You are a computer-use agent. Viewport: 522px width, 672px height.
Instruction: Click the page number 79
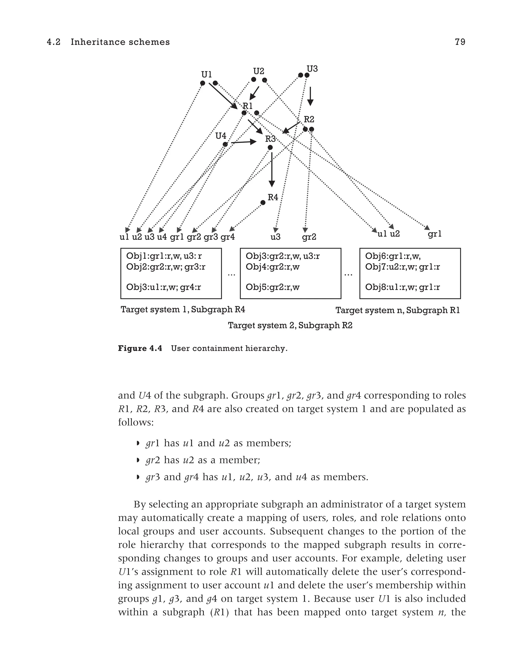pyautogui.click(x=460, y=42)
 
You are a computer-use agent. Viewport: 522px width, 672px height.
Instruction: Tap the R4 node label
pyautogui.click(x=273, y=197)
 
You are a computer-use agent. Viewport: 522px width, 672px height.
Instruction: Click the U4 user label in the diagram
pyautogui.click(x=220, y=136)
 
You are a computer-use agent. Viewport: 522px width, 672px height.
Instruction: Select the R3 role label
pyautogui.click(x=270, y=139)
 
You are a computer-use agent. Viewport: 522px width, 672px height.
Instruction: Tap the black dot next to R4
pyautogui.click(x=263, y=202)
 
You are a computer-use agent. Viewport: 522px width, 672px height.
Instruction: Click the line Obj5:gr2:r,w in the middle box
pyautogui.click(x=272, y=287)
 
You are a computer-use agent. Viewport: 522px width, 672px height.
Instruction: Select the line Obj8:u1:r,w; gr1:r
pyautogui.click(x=402, y=287)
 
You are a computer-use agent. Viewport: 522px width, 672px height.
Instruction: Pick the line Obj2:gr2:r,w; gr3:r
pyautogui.click(x=166, y=267)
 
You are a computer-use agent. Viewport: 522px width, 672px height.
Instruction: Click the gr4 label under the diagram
pyautogui.click(x=228, y=237)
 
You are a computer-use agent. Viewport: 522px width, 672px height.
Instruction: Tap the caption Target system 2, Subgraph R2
pyautogui.click(x=290, y=325)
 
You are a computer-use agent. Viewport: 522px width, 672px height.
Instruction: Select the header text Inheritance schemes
pyautogui.click(x=120, y=42)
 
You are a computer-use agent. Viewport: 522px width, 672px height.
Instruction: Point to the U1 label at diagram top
pyautogui.click(x=206, y=75)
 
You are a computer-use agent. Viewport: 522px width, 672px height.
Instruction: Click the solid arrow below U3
pyautogui.click(x=310, y=96)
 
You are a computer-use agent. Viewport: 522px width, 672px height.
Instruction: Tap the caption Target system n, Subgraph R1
pyautogui.click(x=397, y=310)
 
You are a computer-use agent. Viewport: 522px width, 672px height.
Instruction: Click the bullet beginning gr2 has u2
pyautogui.click(x=203, y=460)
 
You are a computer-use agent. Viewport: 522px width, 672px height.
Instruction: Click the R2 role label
pyautogui.click(x=309, y=119)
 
